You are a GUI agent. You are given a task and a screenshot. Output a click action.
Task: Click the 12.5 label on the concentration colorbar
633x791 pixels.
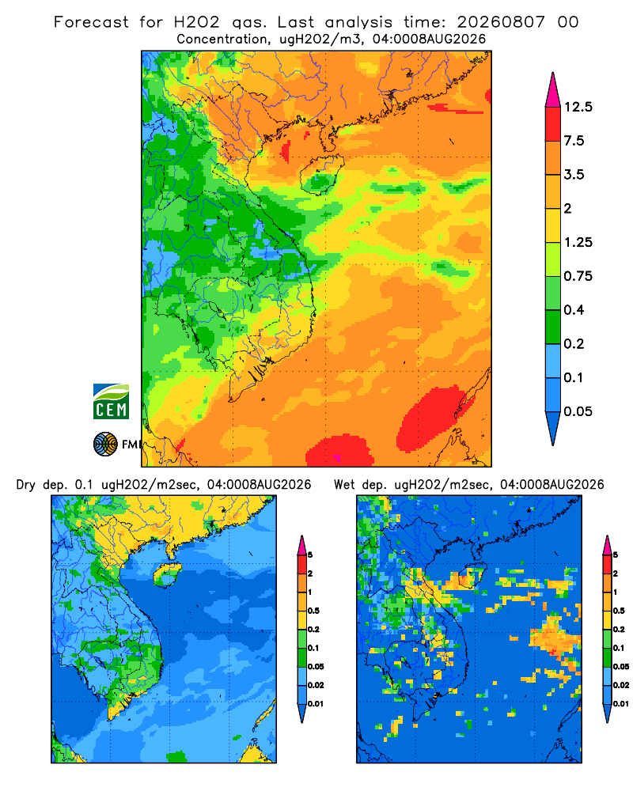578,107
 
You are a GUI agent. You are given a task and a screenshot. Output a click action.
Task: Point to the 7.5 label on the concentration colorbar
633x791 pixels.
574,141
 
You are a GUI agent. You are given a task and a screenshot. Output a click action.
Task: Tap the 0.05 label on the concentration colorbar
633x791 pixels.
578,411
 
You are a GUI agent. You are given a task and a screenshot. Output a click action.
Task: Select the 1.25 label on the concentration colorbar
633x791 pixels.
578,242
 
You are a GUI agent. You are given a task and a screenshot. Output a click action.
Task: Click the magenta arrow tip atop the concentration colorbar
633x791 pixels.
553,91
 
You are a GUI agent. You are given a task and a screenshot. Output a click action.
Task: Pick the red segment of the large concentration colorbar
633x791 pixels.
553,124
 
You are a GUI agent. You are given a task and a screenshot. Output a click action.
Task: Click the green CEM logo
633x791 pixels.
111,401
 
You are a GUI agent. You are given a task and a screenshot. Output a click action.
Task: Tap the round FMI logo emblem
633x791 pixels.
105,445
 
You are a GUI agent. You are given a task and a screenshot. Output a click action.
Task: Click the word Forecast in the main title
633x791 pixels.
91,22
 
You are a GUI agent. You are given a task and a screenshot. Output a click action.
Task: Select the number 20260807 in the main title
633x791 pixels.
501,22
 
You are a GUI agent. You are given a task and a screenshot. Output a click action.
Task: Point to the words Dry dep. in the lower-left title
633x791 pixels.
43,485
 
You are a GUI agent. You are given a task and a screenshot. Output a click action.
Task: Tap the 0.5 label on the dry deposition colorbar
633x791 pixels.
313,611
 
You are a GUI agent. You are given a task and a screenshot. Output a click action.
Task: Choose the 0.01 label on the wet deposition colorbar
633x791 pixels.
621,704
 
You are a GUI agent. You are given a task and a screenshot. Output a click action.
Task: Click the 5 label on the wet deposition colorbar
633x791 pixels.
615,555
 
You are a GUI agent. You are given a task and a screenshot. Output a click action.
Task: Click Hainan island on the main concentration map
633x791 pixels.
321,175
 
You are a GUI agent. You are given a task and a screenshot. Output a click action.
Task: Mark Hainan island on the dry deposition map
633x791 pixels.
167,574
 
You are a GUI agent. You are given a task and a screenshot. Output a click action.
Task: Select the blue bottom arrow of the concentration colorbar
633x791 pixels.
553,426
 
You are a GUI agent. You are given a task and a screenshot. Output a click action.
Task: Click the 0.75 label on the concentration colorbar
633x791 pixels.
578,276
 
